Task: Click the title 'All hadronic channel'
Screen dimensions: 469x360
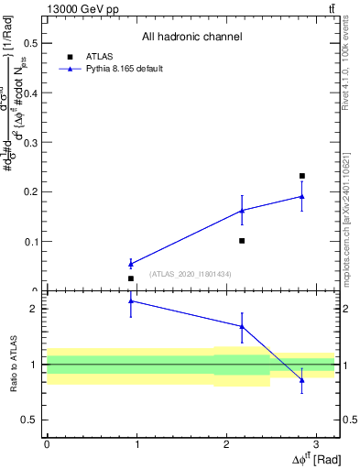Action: [191, 38]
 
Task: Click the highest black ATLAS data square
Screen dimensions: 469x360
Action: [302, 176]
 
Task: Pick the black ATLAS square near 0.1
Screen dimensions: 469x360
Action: [242, 241]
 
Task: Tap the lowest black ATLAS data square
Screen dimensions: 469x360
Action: [131, 278]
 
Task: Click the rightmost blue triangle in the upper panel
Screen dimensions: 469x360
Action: [302, 196]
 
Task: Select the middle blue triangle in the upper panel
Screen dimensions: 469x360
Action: [242, 211]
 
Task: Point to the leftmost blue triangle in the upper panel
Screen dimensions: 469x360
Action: [131, 264]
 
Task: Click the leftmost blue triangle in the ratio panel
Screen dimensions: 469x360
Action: [131, 300]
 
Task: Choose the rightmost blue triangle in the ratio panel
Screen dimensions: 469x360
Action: [302, 380]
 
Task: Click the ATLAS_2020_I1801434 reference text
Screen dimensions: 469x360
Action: [191, 274]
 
